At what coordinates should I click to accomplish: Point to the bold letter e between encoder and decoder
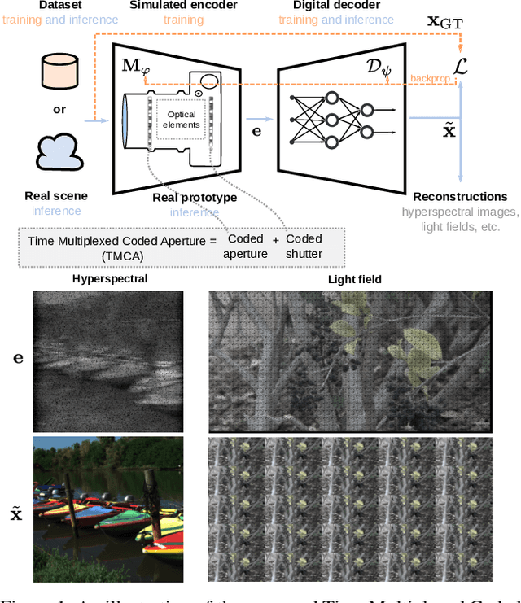click(x=257, y=129)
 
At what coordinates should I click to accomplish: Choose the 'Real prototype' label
click(x=195, y=198)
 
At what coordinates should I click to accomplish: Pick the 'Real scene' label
click(x=55, y=196)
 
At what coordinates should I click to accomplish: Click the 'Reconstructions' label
click(x=460, y=197)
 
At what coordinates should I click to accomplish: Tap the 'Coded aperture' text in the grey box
click(x=246, y=246)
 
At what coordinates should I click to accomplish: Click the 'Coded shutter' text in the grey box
click(x=304, y=246)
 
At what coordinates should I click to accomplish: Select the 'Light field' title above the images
click(x=354, y=280)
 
